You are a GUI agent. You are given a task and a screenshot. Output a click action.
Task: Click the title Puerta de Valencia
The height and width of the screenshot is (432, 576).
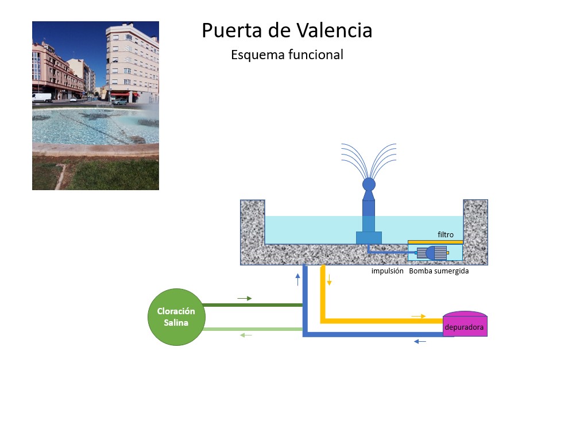(287, 30)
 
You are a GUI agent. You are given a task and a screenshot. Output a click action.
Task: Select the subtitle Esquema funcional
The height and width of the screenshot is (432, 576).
(287, 55)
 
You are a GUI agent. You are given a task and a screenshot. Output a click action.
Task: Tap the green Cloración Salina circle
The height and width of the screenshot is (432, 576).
(176, 317)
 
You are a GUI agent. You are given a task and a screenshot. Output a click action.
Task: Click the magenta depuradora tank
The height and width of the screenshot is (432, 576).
(465, 325)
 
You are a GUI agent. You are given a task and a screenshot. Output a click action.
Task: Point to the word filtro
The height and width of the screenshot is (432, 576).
(446, 234)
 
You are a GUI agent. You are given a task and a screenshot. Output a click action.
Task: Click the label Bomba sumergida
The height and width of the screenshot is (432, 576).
(439, 271)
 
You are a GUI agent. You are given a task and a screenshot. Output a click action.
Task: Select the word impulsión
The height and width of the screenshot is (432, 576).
(388, 271)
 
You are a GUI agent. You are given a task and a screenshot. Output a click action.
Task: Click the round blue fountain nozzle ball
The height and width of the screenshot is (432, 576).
(369, 184)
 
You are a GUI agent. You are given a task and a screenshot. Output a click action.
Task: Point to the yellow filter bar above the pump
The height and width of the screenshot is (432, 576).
(435, 242)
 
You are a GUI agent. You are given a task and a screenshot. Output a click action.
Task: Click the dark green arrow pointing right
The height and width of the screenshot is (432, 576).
(245, 299)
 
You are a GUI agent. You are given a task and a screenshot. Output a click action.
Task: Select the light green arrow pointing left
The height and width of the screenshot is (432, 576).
(246, 335)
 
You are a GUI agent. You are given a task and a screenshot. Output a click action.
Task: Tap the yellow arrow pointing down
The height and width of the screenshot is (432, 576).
(329, 280)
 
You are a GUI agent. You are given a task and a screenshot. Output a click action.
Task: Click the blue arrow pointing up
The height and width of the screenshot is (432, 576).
(297, 280)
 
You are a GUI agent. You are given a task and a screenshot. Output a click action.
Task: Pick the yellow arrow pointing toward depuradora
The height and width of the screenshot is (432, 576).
(419, 316)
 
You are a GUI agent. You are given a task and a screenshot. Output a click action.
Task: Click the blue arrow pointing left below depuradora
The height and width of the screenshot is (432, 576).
(420, 342)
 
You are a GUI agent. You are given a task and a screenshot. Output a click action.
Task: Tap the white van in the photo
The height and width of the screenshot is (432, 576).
(41, 98)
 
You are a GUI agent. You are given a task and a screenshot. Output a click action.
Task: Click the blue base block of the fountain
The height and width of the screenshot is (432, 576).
(369, 237)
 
